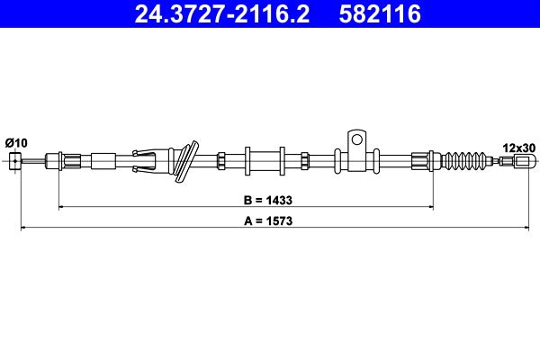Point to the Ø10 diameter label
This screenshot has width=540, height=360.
[16, 142]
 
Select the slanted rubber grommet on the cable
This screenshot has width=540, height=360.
[186, 161]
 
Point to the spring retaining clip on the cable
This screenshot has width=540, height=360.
[149, 160]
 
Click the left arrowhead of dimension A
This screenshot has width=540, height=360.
[24, 228]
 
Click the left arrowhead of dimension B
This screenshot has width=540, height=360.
[62, 207]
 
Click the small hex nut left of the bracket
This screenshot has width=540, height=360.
[306, 161]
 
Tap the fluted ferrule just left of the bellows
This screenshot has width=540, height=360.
[421, 161]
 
